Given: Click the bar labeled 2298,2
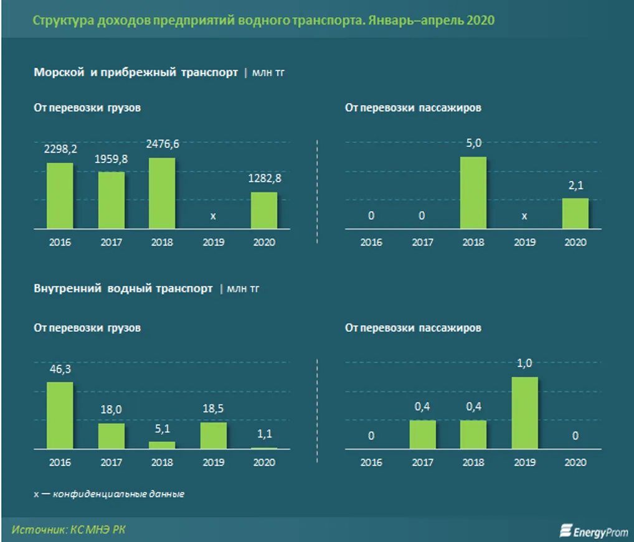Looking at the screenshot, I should [60, 196].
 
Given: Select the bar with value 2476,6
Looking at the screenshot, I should [162, 194].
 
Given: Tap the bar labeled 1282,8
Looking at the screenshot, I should [264, 210].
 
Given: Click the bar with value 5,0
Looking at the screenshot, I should [473, 193].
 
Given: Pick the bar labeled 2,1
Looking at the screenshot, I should [575, 213].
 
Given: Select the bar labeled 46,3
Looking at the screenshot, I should [60, 415].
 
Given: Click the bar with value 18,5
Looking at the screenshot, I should [213, 436].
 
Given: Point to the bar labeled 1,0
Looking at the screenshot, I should [524, 413].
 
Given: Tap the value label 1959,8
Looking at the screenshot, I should [111, 159].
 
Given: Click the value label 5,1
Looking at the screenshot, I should [162, 429].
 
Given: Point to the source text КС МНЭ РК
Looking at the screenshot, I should [100, 530].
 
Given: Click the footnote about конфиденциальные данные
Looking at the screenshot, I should [109, 494].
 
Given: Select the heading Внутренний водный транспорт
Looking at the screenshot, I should [123, 289].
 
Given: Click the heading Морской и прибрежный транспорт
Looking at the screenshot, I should [136, 73].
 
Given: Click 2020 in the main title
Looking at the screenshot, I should [480, 20].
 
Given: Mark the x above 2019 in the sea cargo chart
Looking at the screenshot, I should [213, 216].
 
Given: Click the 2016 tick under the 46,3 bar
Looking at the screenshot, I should [60, 462].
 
